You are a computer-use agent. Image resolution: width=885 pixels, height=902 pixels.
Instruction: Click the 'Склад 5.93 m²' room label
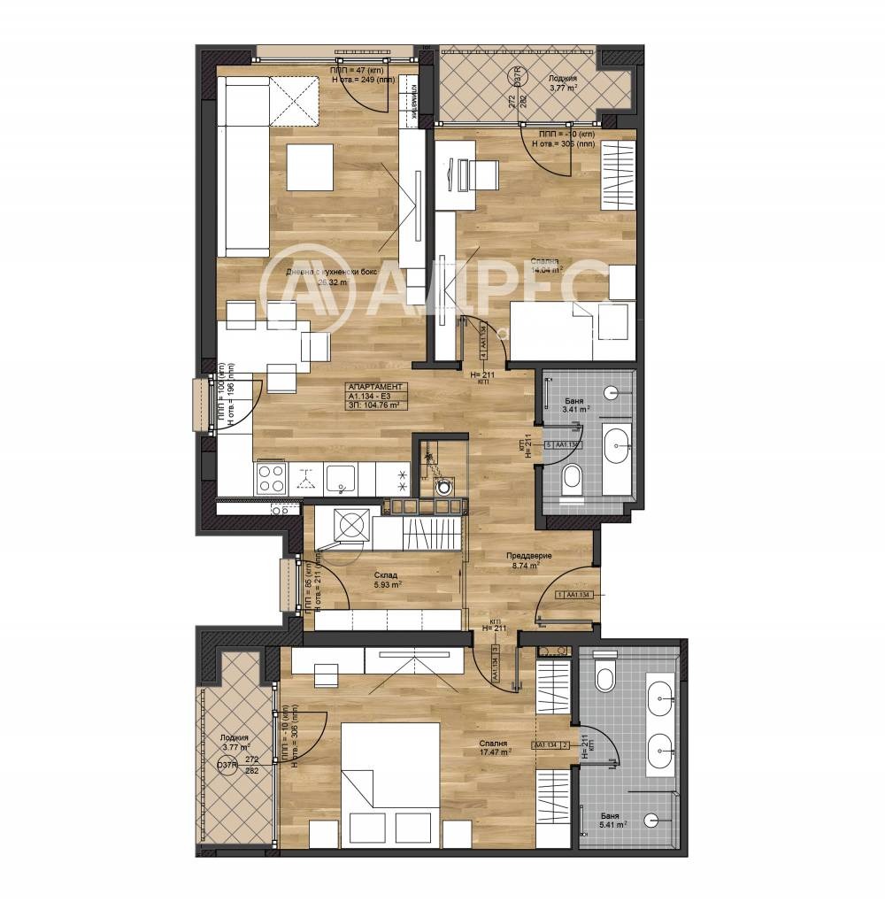[x=386, y=579]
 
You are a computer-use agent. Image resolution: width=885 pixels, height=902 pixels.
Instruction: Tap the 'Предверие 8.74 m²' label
[x=529, y=561]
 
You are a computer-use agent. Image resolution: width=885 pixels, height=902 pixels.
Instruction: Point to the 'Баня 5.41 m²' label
[x=609, y=819]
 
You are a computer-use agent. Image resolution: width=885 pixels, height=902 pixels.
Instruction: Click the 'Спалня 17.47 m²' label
[x=494, y=748]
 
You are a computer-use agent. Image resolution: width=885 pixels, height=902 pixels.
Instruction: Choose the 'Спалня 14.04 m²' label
[x=545, y=266]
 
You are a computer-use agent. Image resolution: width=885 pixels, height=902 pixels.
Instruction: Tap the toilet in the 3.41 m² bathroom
[x=573, y=478]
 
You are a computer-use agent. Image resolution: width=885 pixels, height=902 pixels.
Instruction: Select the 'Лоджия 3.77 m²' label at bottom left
[x=235, y=742]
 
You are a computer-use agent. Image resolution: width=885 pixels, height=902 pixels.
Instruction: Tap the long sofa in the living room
[x=243, y=166]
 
